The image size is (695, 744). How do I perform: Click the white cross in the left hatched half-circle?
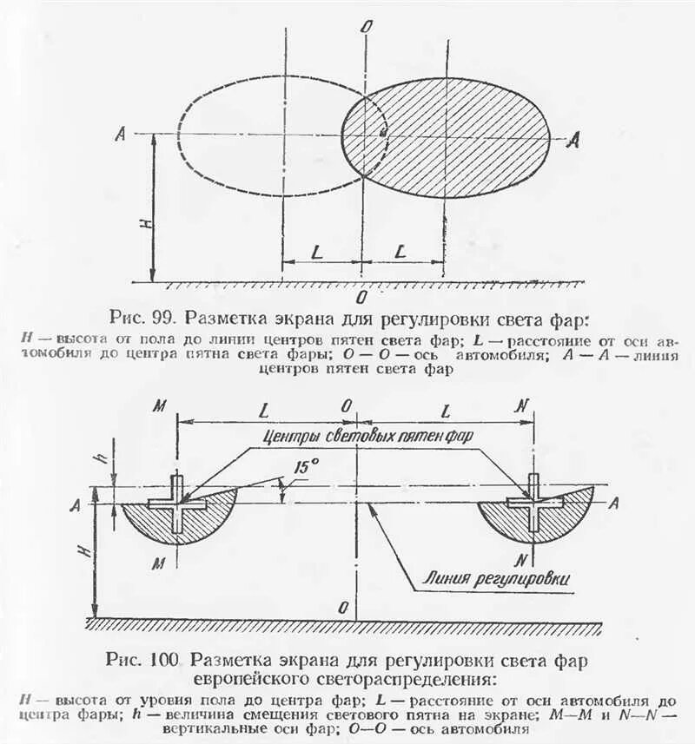177,503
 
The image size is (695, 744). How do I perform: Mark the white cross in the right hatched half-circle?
533,502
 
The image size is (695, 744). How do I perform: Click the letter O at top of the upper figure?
367,26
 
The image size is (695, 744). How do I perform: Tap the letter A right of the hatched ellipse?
571,141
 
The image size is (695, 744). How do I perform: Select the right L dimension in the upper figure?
400,251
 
